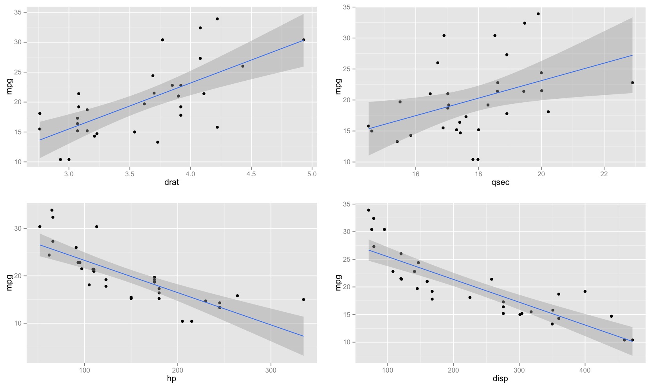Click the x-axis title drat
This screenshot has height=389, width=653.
point(171,182)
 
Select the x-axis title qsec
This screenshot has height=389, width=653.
point(500,182)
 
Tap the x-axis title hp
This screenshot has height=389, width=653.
point(171,378)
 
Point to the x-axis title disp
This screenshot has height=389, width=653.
point(500,378)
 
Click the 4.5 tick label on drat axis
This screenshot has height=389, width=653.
point(251,174)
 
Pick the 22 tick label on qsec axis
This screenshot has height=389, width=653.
point(604,174)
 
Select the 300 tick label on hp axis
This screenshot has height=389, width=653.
point(271,370)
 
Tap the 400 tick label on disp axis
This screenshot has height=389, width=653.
point(585,370)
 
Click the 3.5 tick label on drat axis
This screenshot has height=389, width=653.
point(130,174)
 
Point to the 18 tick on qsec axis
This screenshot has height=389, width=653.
point(478,174)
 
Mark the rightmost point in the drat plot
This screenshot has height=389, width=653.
point(303,40)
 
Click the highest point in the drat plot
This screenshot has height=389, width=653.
point(217,19)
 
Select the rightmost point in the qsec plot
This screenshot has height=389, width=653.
point(632,83)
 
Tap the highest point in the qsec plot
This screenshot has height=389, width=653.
point(538,14)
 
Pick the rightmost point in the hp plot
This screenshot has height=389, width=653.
point(303,300)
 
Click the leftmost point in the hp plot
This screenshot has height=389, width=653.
point(40,227)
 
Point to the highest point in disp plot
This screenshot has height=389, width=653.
point(368,210)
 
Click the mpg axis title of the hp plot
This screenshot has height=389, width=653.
point(9,283)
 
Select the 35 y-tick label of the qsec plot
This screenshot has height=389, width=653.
point(346,7)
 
